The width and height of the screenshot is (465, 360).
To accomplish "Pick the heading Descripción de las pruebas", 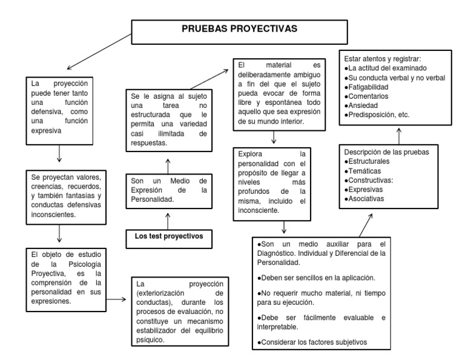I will point(387,153).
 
